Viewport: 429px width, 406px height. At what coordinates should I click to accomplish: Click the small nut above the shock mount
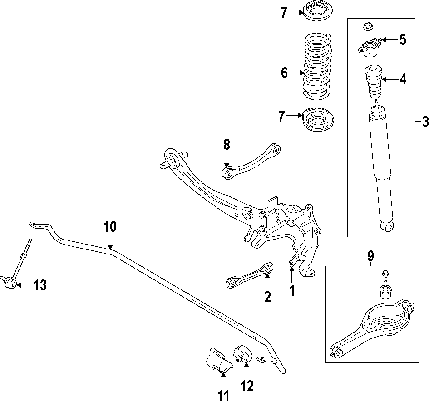pyautogui.click(x=368, y=26)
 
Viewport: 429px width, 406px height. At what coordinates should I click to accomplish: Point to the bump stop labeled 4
pyautogui.click(x=372, y=82)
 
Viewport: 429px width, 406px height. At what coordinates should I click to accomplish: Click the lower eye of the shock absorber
pyautogui.click(x=387, y=225)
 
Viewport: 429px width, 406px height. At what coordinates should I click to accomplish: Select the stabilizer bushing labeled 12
pyautogui.click(x=242, y=354)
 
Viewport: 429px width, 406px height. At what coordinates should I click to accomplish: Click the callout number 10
pyautogui.click(x=110, y=226)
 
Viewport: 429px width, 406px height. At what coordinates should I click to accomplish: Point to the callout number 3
pyautogui.click(x=424, y=122)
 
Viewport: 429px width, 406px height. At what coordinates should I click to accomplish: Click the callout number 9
pyautogui.click(x=370, y=256)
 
